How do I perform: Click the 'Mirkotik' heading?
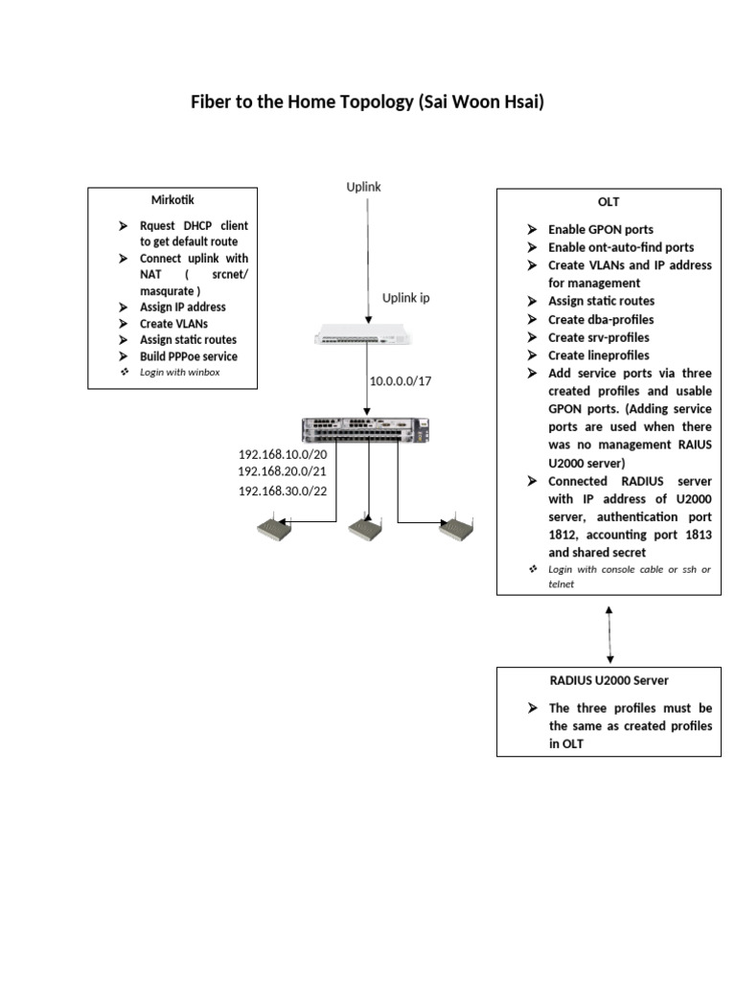click(x=172, y=200)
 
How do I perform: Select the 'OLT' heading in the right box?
click(x=609, y=202)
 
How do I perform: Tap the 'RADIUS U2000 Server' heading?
click(x=609, y=680)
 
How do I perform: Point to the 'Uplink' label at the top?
click(x=363, y=187)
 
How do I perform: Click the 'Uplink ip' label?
click(x=406, y=298)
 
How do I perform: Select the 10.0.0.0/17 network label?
click(x=401, y=381)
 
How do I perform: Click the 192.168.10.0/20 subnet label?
click(x=283, y=454)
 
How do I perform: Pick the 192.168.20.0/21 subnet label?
click(x=283, y=471)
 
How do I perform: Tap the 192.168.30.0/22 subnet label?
click(x=283, y=490)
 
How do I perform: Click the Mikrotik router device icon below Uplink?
click(x=367, y=335)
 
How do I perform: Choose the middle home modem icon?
click(x=364, y=527)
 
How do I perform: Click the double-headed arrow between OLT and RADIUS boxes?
click(x=609, y=634)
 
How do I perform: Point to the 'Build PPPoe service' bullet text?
click(x=188, y=356)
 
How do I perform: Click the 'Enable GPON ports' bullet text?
click(x=601, y=230)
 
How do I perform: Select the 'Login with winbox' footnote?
click(x=179, y=372)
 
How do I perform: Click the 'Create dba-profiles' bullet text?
click(x=601, y=320)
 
